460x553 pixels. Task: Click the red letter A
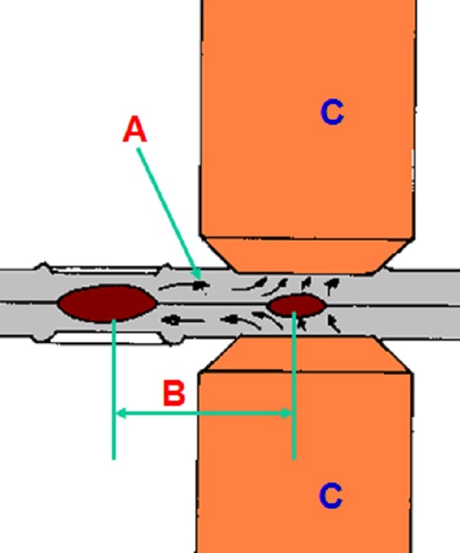134,131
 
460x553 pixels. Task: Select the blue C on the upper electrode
331,113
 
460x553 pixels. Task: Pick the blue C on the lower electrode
330,496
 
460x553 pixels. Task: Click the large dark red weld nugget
107,303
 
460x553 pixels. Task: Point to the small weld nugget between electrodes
296,306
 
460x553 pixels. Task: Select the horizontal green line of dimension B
203,414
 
